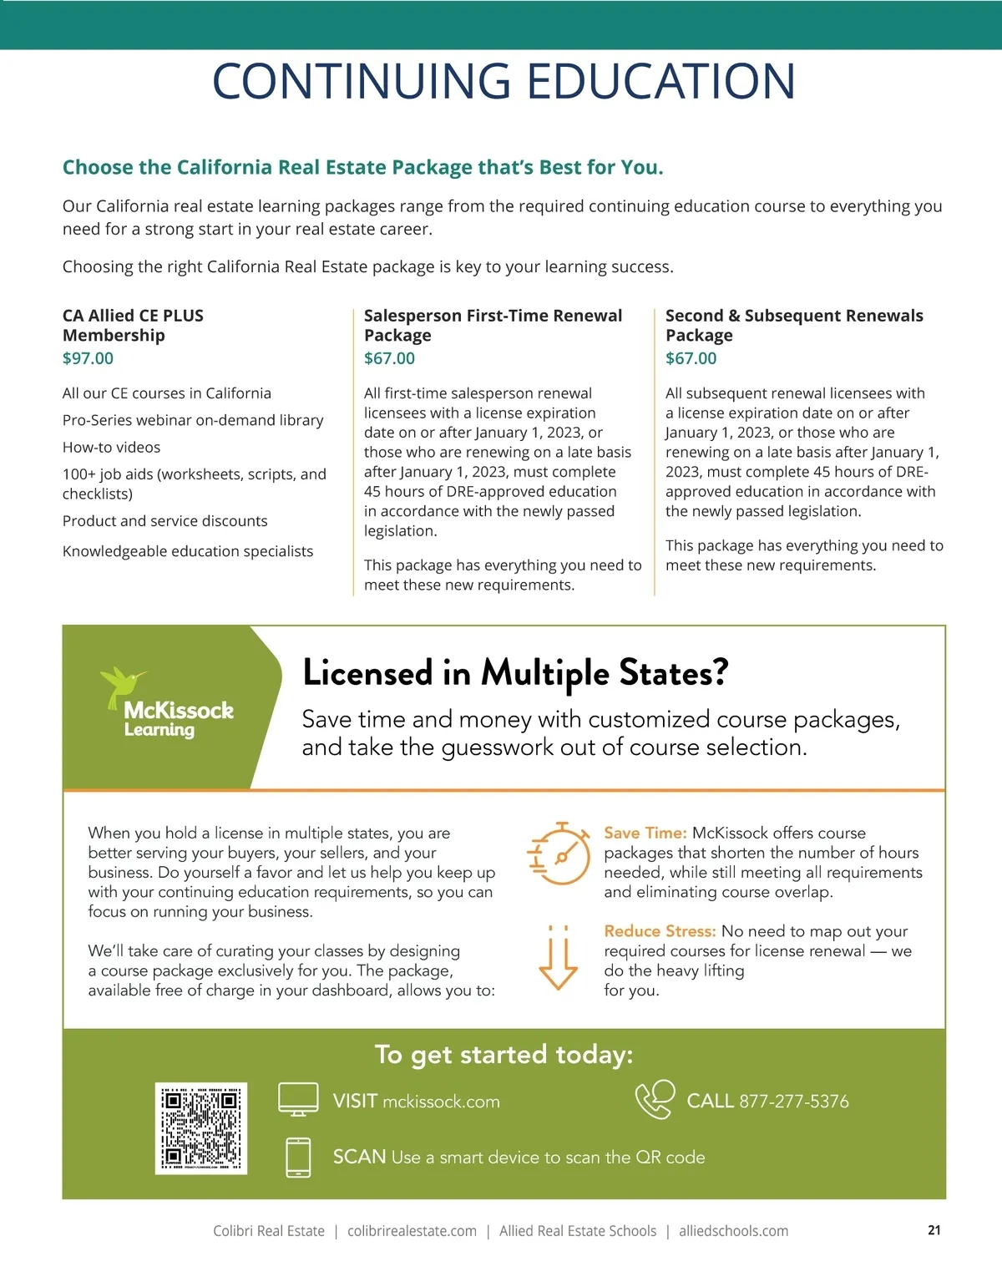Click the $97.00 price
point(88,358)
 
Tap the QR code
point(201,1128)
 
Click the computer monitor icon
point(298,1099)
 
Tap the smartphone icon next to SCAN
point(298,1158)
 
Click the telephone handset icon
point(655,1099)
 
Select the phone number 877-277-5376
point(793,1102)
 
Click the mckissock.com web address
point(441,1102)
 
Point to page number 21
point(934,1230)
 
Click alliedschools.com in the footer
point(733,1231)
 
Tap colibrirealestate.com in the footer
point(412,1231)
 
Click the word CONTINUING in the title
point(361,81)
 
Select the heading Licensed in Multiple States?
point(515,673)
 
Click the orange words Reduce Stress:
point(660,931)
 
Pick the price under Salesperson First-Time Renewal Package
point(389,358)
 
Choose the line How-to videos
point(111,448)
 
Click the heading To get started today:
point(504,1055)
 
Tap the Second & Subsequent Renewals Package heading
point(793,325)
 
